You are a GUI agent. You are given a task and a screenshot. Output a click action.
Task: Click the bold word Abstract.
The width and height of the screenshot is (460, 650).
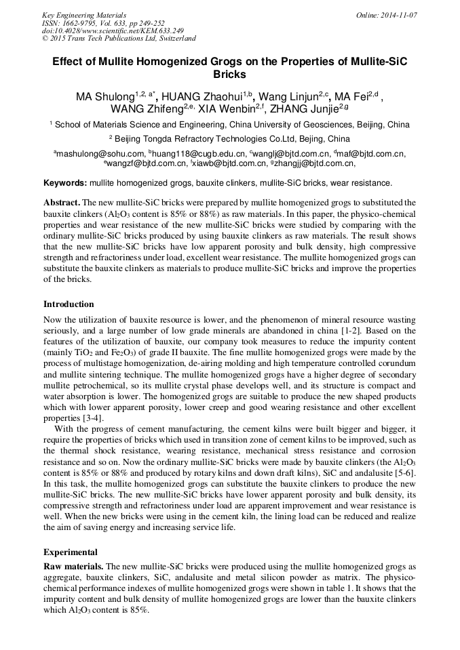click(61, 203)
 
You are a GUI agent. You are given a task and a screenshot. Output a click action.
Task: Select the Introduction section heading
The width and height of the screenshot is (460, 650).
click(69, 304)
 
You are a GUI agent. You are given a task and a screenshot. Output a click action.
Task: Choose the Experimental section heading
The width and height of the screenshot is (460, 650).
click(71, 552)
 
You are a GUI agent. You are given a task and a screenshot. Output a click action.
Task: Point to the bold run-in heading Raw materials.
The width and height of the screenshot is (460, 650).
click(73, 566)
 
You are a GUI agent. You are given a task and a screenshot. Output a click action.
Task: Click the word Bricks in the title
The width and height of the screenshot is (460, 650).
click(230, 74)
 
